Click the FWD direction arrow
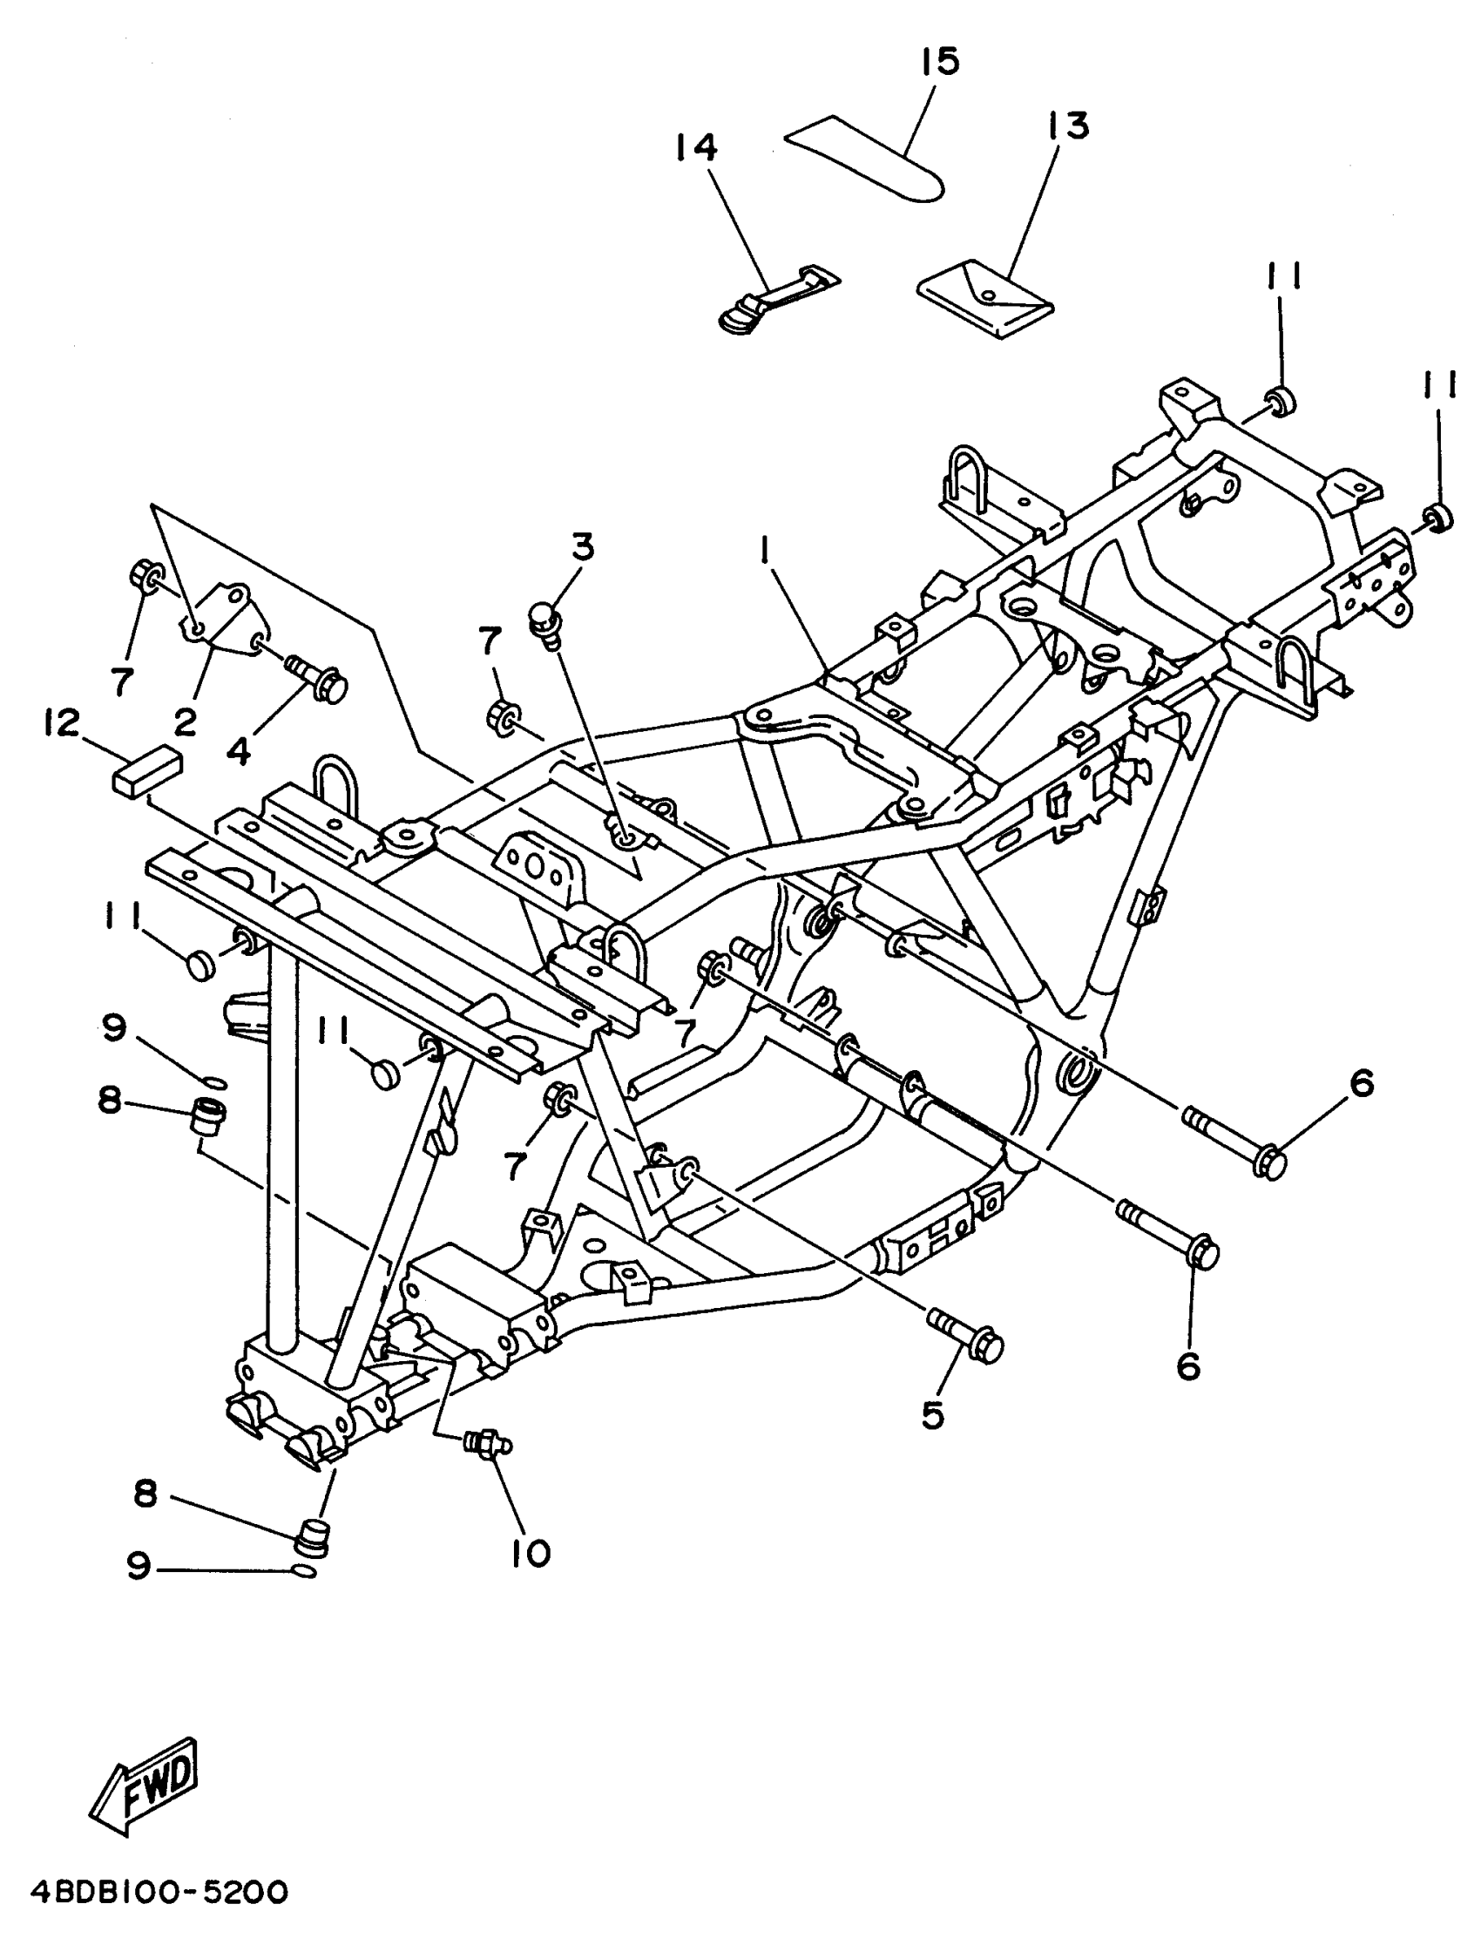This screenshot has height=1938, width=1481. click(x=145, y=1786)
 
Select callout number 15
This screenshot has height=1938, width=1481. click(x=940, y=62)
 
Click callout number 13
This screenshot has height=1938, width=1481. click(x=1068, y=126)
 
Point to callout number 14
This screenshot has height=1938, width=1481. click(x=697, y=146)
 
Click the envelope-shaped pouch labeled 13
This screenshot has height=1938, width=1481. click(x=985, y=298)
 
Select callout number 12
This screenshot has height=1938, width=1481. click(x=61, y=723)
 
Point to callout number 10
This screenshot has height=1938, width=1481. click(x=531, y=1553)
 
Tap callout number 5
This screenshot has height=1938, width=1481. click(x=933, y=1416)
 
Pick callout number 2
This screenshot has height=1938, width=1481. click(x=184, y=724)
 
